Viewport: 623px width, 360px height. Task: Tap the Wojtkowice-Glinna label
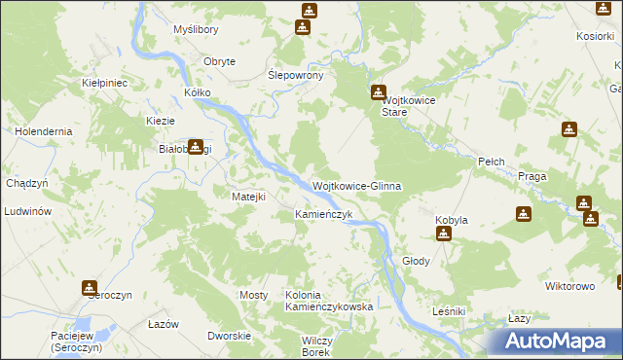[x=356, y=186]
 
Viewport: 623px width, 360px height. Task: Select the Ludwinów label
[x=26, y=211]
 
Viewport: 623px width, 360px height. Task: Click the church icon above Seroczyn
[x=90, y=288]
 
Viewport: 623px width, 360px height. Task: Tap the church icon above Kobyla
[x=444, y=234]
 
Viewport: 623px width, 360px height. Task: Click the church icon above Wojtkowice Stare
[x=378, y=93]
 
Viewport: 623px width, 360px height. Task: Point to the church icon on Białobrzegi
[x=196, y=147]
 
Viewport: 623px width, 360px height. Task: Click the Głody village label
[x=416, y=262]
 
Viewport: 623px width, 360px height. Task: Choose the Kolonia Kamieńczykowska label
[x=329, y=301]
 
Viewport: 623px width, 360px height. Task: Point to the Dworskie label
[x=229, y=336]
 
